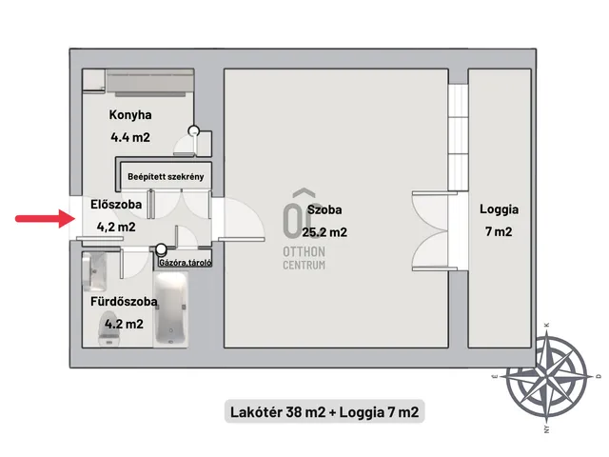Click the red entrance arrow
[45, 218]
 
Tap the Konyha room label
[130, 115]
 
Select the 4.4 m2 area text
[130, 137]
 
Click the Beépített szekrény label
[166, 177]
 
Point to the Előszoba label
[116, 205]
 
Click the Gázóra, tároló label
[186, 263]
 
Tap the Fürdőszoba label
[124, 302]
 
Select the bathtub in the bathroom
[171, 309]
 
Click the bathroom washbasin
[94, 271]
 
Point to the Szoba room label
[324, 209]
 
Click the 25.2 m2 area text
[324, 232]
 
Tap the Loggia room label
[499, 209]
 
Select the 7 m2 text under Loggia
[499, 232]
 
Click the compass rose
[547, 376]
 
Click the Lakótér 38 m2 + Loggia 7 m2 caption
[324, 412]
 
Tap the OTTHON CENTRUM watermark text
[304, 258]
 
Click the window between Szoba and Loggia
[458, 137]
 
